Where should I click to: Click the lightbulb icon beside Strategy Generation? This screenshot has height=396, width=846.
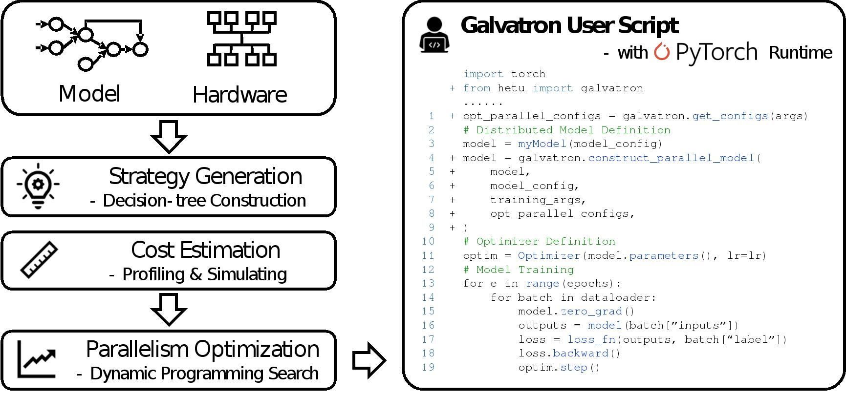pos(38,186)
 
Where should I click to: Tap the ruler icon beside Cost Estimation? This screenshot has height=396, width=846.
pos(39,260)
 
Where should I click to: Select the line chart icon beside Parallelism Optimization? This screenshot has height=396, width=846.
pos(37,359)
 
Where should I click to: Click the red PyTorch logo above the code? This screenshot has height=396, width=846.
pos(662,51)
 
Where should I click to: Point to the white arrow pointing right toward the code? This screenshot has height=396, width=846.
pos(368,361)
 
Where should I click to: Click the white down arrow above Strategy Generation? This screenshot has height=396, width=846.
pos(169,136)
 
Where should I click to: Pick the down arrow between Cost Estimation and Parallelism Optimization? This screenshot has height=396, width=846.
pos(169,309)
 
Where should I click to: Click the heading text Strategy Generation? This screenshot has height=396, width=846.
pos(205,176)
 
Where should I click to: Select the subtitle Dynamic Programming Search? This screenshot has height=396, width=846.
pos(204,374)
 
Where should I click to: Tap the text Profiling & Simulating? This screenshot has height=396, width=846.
pos(204,274)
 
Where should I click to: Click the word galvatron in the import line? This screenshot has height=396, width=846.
pos(612,88)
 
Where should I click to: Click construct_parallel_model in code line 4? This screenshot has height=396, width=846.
pos(671,158)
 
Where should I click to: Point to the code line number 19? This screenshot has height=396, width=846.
pos(428,367)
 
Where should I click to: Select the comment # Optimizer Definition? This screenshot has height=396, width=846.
pos(539,242)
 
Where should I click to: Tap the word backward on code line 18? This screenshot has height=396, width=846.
pos(581,354)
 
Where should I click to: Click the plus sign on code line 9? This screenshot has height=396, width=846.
pos(452,228)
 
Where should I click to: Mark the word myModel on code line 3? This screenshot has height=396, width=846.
pos(542,144)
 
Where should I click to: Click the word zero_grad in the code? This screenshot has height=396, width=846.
pos(591,312)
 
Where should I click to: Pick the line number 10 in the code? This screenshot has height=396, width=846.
pos(428,242)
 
